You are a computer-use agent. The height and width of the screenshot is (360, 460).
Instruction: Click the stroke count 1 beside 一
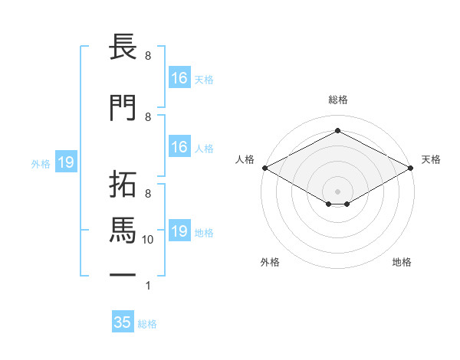[x=148, y=286]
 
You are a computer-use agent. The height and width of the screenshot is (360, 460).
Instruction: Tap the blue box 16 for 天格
[x=179, y=78]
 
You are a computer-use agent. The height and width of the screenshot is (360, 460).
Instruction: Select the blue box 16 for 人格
[x=179, y=147]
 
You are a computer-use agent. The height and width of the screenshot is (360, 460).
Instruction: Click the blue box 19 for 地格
[x=179, y=231]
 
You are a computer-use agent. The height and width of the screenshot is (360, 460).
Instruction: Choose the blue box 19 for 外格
[x=65, y=162]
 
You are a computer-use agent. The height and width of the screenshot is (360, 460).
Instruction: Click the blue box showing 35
[x=123, y=322]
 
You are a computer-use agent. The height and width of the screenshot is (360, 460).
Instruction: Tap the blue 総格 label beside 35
[x=147, y=324]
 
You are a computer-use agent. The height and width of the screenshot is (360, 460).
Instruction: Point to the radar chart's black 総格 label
[x=337, y=100]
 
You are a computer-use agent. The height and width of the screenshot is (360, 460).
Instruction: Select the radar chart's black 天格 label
[x=431, y=159]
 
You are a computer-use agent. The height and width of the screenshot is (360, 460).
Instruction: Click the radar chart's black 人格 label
[x=245, y=159]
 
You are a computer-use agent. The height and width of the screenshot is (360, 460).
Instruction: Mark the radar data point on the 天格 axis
[x=411, y=168]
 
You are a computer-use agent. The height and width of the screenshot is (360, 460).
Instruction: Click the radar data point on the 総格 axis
[x=337, y=131]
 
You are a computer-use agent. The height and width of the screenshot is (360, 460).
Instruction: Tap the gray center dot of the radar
[x=337, y=190]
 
